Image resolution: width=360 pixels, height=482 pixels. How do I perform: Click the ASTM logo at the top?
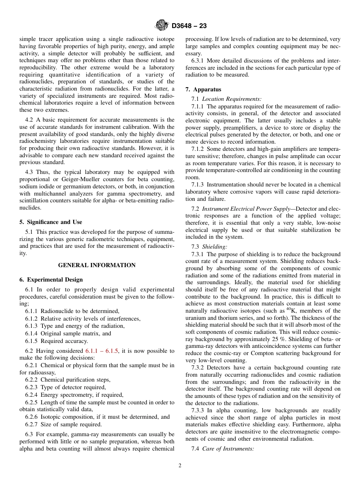162,26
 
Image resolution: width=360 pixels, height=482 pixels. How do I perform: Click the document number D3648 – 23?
189,26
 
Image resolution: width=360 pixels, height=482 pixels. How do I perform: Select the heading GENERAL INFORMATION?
97,265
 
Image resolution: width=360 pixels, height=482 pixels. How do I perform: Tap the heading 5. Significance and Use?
50,222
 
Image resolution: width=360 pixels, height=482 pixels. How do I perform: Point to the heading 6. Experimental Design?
51,280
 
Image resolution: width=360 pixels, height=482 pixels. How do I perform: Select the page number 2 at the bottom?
180,466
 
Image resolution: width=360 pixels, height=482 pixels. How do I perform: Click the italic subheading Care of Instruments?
228,449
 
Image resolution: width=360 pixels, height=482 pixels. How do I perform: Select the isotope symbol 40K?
291,310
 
